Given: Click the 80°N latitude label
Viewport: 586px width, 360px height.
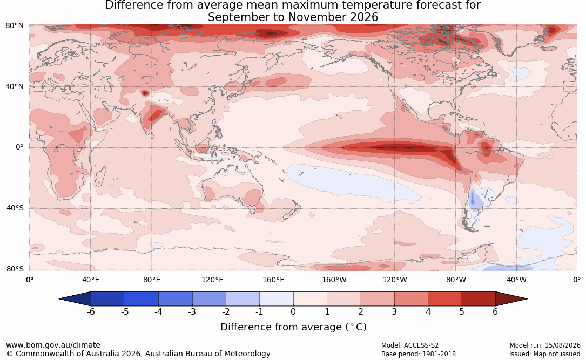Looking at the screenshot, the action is point(14,26).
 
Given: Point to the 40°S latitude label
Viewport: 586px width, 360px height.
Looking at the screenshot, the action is point(15,208).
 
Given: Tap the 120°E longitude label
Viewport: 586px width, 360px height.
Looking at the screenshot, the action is point(212,280).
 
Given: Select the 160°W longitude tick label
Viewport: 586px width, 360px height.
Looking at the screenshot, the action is point(334,280).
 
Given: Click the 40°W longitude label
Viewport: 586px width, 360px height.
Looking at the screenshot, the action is point(516,280).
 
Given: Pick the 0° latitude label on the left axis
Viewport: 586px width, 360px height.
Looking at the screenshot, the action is point(19,147).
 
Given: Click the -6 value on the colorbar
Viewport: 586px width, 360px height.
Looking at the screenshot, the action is point(90,311).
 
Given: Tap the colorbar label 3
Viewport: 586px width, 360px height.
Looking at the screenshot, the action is point(394,311).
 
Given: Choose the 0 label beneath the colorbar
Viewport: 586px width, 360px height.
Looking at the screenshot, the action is point(293,311).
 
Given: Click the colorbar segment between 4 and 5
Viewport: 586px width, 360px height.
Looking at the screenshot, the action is point(444,299).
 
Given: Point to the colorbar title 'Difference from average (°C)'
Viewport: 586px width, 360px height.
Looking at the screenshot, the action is point(293,327).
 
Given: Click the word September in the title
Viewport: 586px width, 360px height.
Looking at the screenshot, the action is point(237,17).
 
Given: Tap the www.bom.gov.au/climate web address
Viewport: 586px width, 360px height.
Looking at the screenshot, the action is point(53,345).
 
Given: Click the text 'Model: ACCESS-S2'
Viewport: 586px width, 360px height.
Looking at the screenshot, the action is point(410,345).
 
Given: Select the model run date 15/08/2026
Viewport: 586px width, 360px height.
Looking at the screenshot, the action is point(562,345).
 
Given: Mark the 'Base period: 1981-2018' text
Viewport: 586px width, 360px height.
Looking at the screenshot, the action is point(419,354).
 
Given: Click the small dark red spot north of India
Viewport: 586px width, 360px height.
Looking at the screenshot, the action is point(145,93).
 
